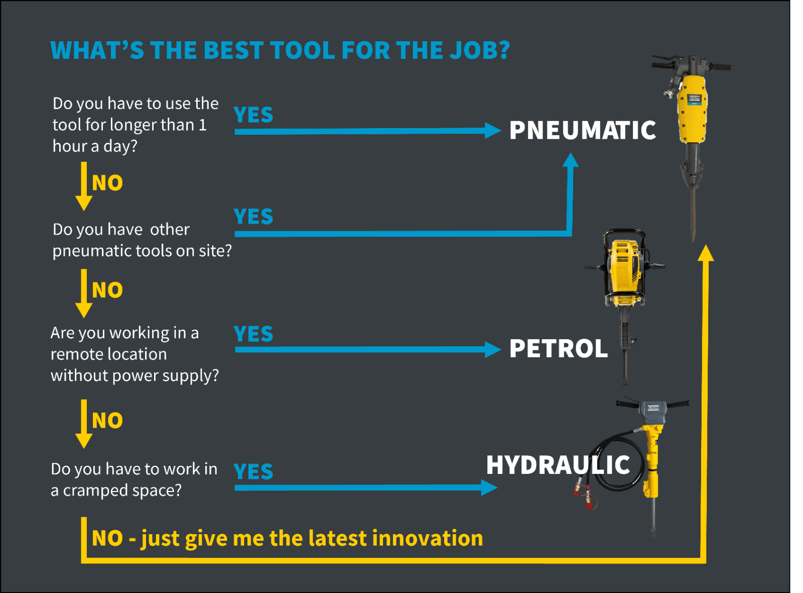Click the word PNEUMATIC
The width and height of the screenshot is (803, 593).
[x=583, y=130]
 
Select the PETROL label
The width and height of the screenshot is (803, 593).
[x=559, y=349]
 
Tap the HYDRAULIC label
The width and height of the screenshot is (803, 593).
[x=558, y=465]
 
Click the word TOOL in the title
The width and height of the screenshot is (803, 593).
[x=303, y=50]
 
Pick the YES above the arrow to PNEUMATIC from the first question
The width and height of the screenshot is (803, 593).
[x=253, y=115]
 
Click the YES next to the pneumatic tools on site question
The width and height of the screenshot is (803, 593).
[x=253, y=217]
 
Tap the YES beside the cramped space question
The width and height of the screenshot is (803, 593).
[x=253, y=471]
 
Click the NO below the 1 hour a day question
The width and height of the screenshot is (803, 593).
[x=107, y=183]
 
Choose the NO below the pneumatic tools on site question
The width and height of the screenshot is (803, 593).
[x=107, y=290]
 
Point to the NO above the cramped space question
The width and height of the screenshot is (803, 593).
[x=107, y=421]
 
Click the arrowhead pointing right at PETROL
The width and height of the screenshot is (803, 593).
[x=493, y=350]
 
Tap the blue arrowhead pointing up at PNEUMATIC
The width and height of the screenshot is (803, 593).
[x=570, y=160]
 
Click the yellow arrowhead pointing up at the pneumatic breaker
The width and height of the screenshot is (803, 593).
[x=706, y=253]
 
